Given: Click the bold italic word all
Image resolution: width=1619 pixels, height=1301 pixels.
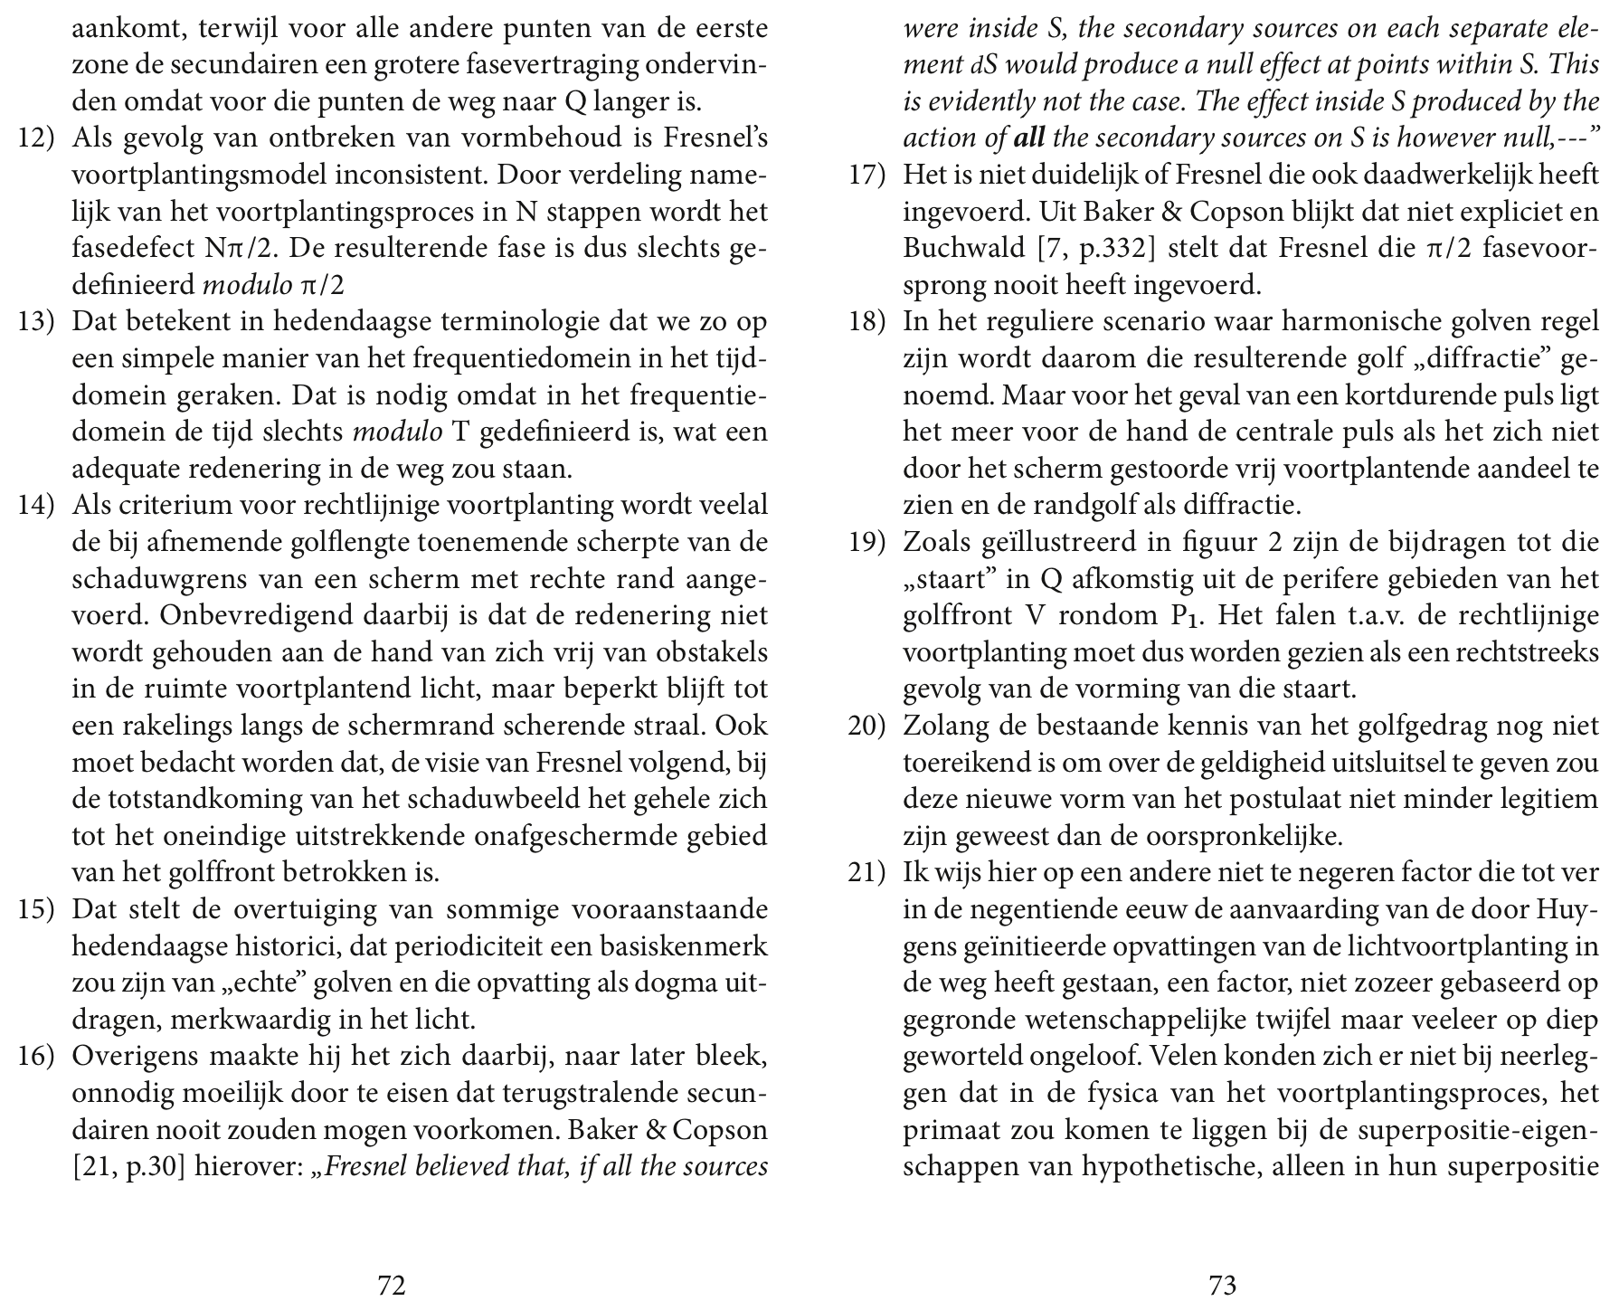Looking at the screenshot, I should tap(1029, 139).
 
